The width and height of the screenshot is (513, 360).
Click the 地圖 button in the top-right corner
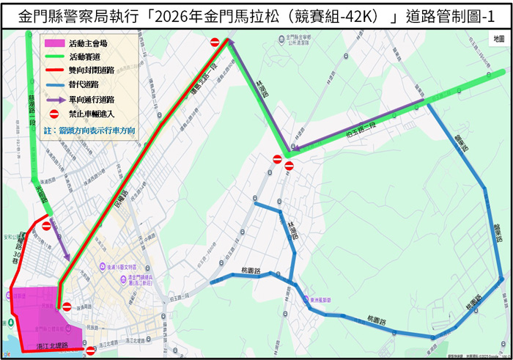tap(498, 37)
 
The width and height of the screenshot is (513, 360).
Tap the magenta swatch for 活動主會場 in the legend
tap(53, 43)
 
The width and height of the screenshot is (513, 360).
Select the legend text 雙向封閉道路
tap(91, 71)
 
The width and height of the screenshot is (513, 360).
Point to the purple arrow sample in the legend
tap(53, 100)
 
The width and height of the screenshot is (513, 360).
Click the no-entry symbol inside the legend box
tap(53, 114)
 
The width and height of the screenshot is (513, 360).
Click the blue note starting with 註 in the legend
tap(89, 131)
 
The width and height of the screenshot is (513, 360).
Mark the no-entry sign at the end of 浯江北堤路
tap(90, 351)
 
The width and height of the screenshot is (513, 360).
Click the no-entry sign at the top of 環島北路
tap(215, 43)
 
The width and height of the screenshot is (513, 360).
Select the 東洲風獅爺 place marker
tap(306, 298)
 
